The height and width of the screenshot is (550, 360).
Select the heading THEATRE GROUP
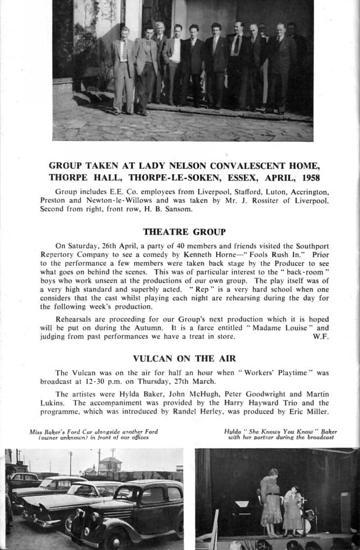coord(184,232)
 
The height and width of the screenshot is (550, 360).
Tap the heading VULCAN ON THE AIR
coord(184,358)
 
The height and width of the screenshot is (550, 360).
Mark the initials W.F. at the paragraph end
coord(321,336)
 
